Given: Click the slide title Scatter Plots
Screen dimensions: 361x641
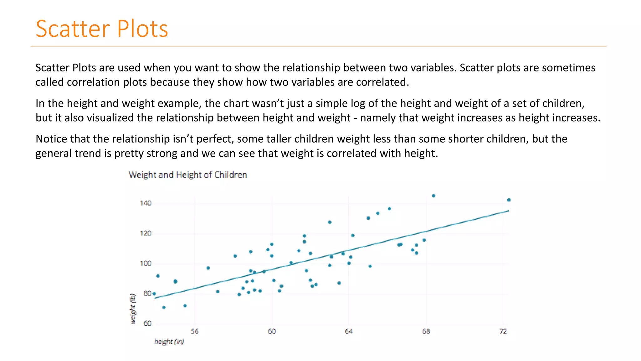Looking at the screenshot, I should pyautogui.click(x=102, y=29).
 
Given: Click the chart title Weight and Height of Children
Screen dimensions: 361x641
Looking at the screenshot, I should pyautogui.click(x=188, y=175).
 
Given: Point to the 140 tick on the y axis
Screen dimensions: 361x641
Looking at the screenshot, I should pyautogui.click(x=146, y=203).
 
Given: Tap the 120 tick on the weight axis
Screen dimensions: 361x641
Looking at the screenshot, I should pyautogui.click(x=146, y=233).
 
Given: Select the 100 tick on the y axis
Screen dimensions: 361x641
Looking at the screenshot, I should pyautogui.click(x=146, y=263).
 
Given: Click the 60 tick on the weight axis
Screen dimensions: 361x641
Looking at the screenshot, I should pyautogui.click(x=147, y=323).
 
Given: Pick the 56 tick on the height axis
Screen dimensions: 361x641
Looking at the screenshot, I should pyautogui.click(x=194, y=331).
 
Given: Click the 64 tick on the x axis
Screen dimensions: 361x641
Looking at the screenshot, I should pyautogui.click(x=349, y=331).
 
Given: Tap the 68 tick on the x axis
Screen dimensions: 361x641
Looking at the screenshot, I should pyautogui.click(x=426, y=331).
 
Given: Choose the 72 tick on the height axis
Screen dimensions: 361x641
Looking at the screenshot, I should pyautogui.click(x=503, y=331).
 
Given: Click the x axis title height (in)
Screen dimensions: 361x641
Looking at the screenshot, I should pyautogui.click(x=169, y=342).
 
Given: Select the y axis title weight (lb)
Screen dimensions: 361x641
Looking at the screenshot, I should pyautogui.click(x=133, y=309).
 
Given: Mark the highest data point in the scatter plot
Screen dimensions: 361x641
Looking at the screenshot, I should pyautogui.click(x=433, y=196).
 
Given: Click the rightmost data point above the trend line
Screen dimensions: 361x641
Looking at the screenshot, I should pyautogui.click(x=509, y=200).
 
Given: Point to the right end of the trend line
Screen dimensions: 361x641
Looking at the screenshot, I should pyautogui.click(x=509, y=211).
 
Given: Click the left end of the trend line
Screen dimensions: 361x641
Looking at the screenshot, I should pyautogui.click(x=155, y=298).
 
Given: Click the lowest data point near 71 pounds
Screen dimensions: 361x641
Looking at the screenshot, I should pyautogui.click(x=164, y=307).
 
